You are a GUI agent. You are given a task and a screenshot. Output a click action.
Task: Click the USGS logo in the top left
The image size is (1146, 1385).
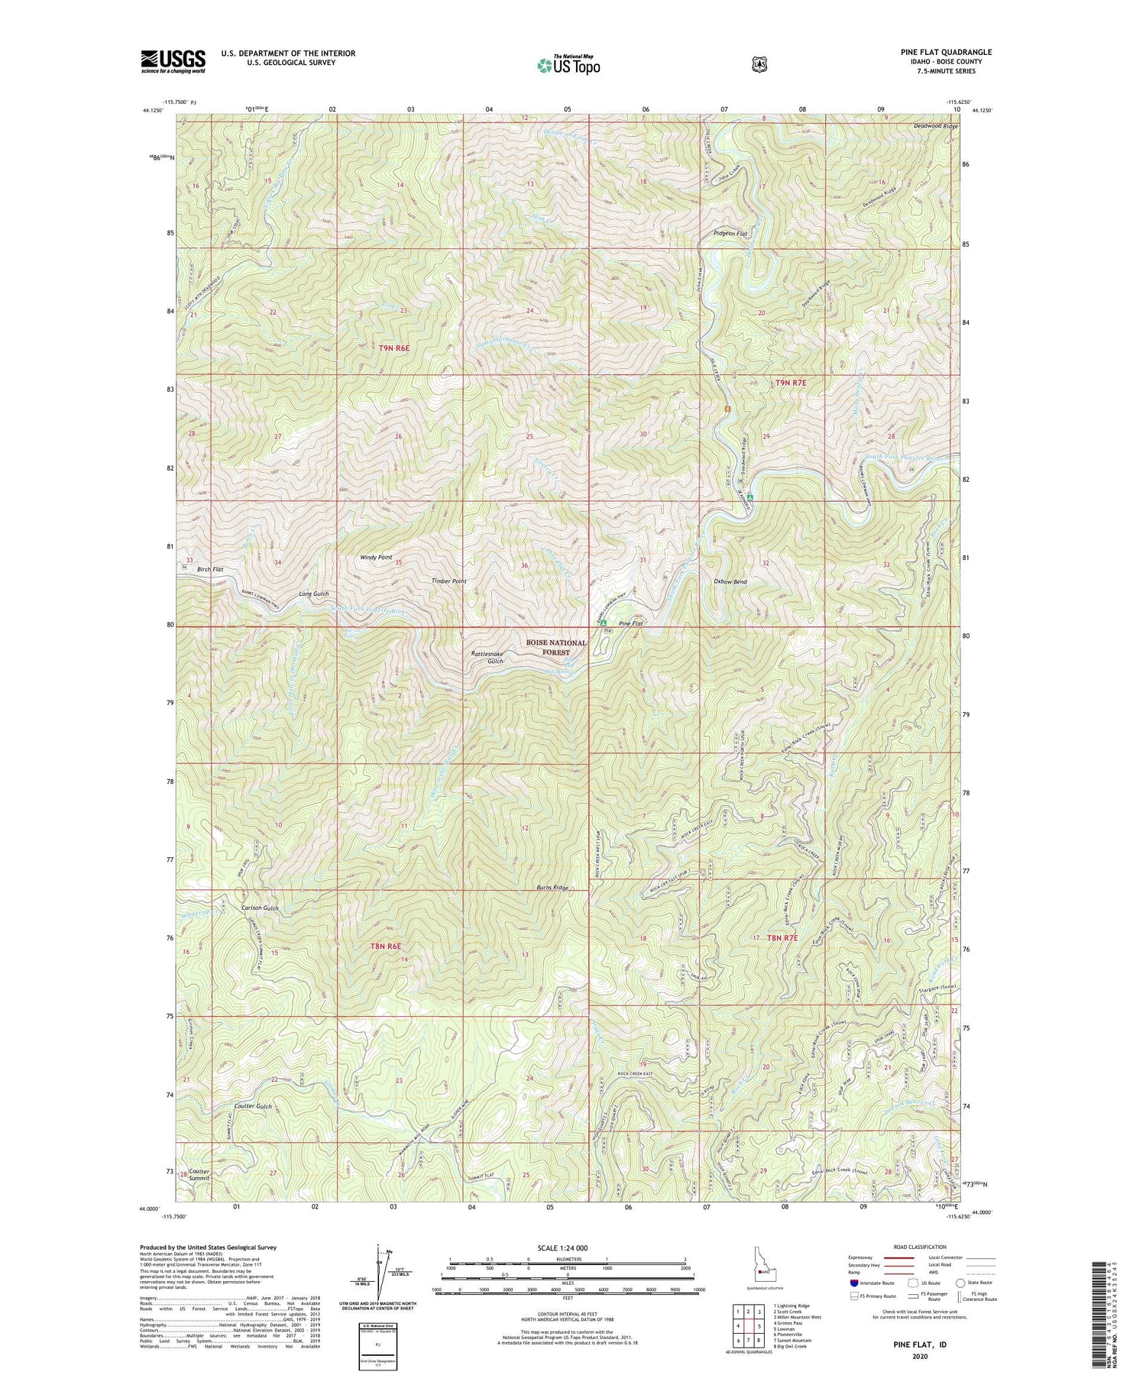[173, 61]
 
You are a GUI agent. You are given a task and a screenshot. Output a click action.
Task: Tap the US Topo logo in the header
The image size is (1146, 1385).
[568, 65]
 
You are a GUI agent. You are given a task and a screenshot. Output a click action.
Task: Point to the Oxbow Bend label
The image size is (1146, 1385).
[730, 581]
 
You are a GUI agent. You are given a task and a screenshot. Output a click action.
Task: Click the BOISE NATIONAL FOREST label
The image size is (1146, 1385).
[555, 648]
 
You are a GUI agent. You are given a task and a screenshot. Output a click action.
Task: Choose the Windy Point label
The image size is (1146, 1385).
[376, 558]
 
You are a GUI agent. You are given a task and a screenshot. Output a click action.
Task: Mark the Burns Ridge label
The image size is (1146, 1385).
[551, 888]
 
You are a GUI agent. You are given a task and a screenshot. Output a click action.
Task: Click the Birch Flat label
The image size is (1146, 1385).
[209, 570]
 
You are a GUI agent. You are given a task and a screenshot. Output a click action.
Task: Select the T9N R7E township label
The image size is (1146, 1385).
[792, 382]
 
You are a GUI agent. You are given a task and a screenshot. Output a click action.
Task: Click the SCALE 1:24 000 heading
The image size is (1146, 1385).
[567, 1247]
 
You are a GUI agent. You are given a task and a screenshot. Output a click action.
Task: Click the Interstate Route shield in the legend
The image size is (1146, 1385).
[855, 1284]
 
